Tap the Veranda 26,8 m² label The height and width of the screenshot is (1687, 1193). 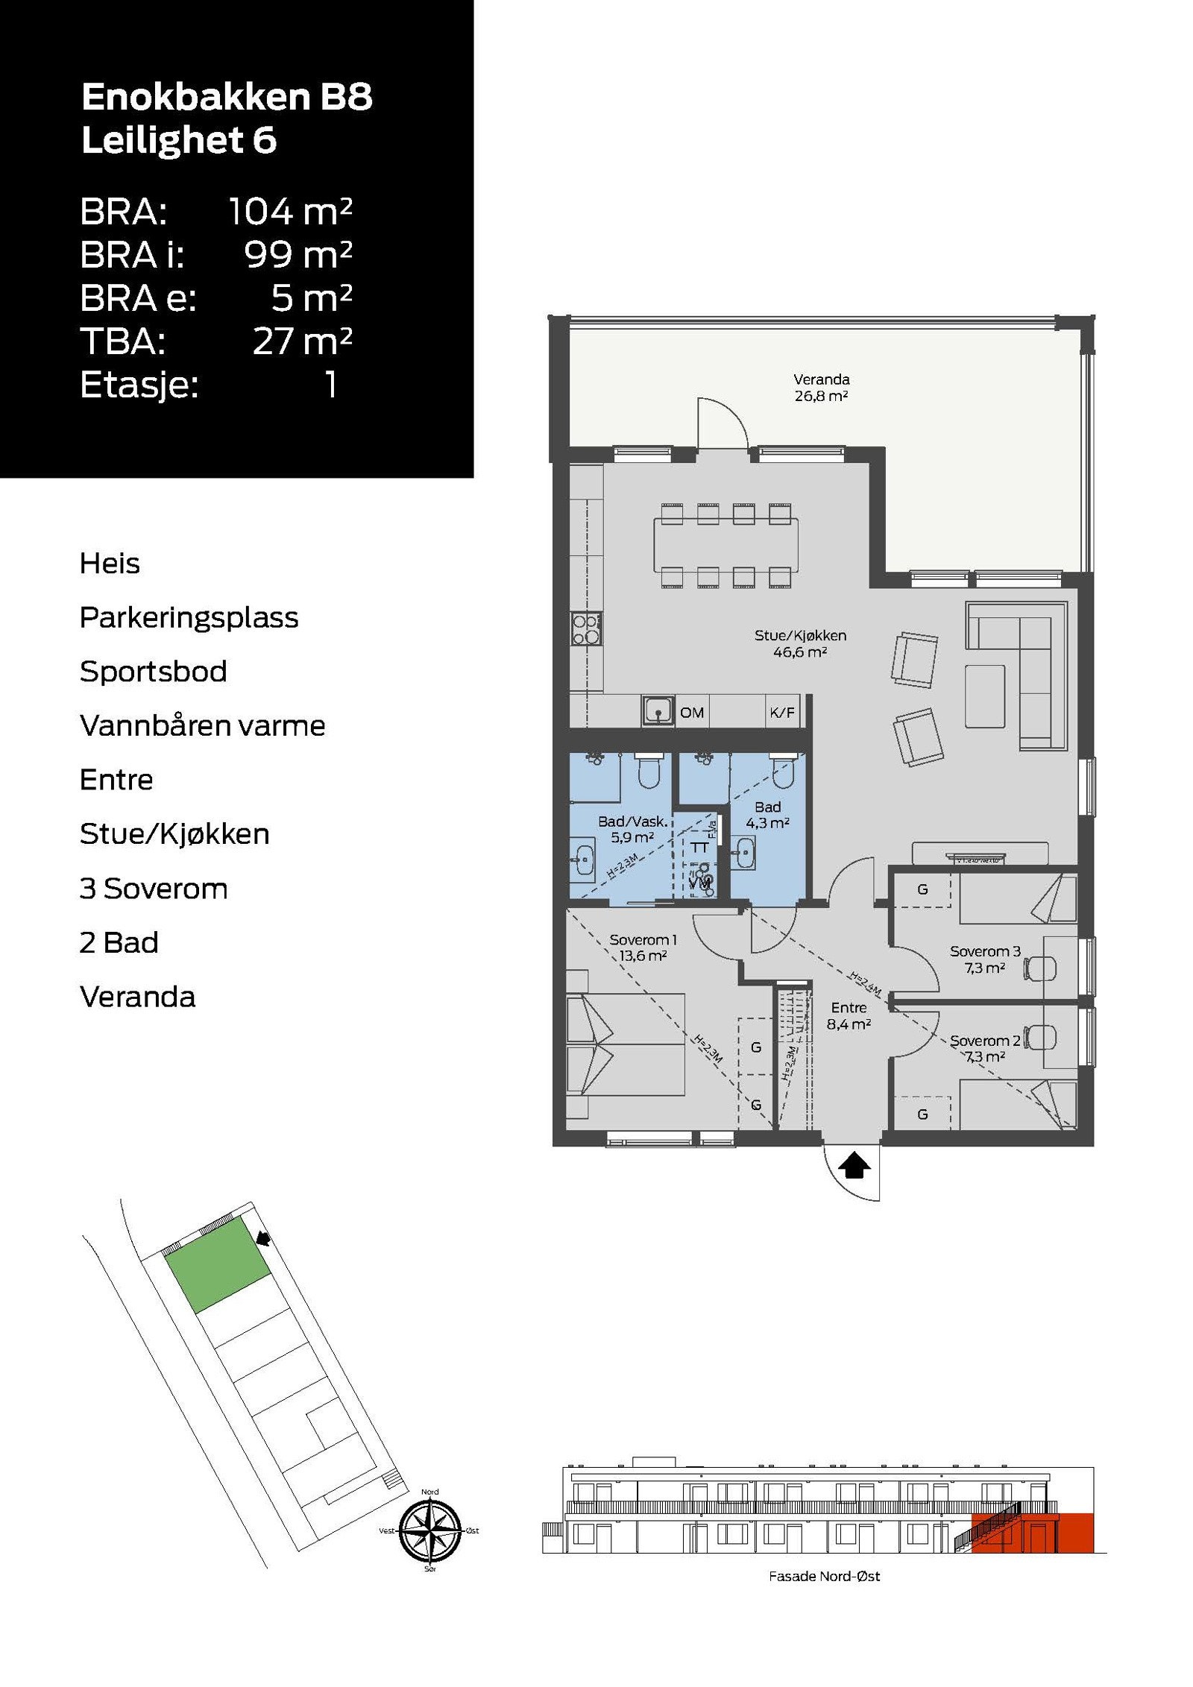(821, 388)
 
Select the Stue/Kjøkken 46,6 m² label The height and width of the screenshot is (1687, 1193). (800, 643)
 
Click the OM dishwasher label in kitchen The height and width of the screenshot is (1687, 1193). (691, 713)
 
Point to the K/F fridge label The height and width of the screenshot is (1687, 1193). (781, 713)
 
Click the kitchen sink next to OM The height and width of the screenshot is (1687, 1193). (658, 711)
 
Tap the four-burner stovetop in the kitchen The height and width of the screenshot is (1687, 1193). (586, 628)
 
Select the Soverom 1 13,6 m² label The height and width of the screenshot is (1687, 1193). (643, 947)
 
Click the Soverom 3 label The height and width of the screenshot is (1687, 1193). (984, 951)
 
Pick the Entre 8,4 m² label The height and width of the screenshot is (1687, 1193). (849, 1015)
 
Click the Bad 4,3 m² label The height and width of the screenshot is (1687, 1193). (767, 815)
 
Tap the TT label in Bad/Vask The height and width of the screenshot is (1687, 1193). (699, 848)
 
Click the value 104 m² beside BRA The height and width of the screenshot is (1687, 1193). (289, 211)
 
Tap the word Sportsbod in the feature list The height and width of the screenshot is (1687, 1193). (153, 671)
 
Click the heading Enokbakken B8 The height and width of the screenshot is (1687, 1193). (227, 97)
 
